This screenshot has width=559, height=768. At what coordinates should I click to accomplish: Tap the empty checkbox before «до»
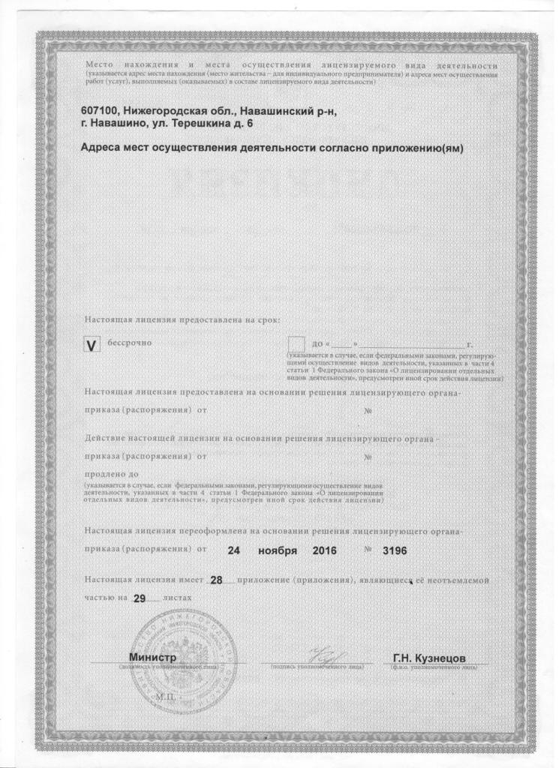pyautogui.click(x=297, y=344)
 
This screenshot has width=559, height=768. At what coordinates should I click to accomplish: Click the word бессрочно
pyautogui.click(x=131, y=342)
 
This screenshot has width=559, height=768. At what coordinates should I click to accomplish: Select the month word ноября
pyautogui.click(x=277, y=550)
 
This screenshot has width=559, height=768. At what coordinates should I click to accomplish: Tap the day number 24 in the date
pyautogui.click(x=234, y=550)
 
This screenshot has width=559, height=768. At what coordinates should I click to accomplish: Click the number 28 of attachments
pyautogui.click(x=217, y=580)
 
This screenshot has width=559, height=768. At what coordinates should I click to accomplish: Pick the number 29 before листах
pyautogui.click(x=137, y=598)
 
